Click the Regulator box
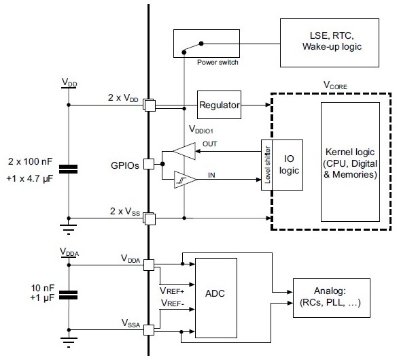pos(220,105)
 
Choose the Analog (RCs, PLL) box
pos(331,297)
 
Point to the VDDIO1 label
pos(183,127)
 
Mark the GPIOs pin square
pos(156,163)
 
